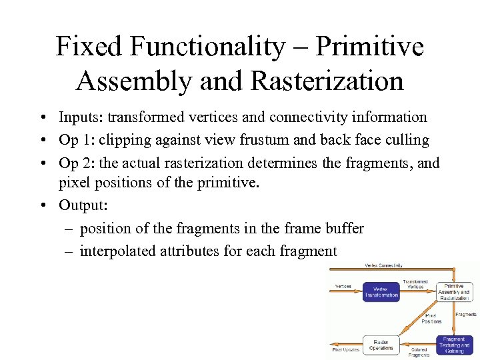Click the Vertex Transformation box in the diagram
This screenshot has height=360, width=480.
tap(381, 291)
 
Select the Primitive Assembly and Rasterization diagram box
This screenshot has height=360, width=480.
tap(455, 291)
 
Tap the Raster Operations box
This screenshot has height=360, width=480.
tap(381, 343)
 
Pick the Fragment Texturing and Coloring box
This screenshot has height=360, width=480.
tap(455, 345)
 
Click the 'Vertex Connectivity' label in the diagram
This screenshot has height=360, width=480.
tap(383, 265)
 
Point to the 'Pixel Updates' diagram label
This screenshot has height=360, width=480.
tap(345, 349)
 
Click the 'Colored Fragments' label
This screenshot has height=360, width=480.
tap(419, 352)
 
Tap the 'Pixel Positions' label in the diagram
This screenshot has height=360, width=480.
tap(431, 318)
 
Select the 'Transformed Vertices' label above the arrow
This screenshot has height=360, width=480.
tap(416, 284)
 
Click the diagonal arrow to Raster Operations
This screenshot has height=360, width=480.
tap(413, 327)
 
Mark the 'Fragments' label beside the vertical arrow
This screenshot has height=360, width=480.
tap(466, 314)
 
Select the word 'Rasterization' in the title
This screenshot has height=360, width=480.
tap(327, 81)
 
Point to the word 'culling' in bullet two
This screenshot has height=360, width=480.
tap(409, 141)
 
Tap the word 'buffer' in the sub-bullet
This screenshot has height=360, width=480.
tap(345, 228)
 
